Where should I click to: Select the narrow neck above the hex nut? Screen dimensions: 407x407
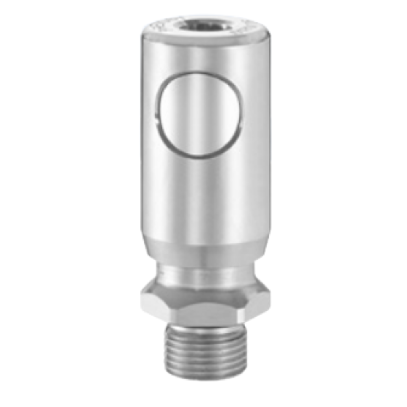click(x=206, y=275)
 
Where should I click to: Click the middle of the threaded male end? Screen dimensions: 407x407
click(x=206, y=350)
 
